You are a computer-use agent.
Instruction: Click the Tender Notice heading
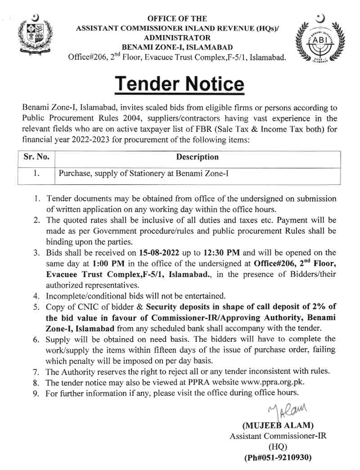pyautogui.click(x=180, y=84)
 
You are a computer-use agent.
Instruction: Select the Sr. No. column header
pyautogui.click(x=36, y=157)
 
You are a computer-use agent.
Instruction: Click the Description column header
pyautogui.click(x=197, y=157)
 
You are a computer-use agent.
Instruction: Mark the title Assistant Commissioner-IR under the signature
pyautogui.click(x=278, y=436)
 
